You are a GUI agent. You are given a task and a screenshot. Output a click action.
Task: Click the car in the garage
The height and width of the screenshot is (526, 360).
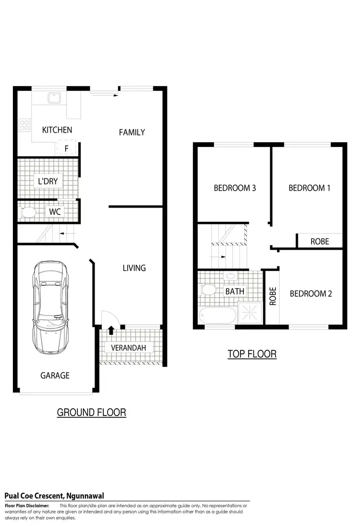tap(51, 307)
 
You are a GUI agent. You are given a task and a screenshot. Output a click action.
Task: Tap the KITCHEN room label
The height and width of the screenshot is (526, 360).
tap(57, 130)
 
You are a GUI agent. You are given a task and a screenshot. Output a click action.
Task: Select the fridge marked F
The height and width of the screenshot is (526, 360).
tap(66, 148)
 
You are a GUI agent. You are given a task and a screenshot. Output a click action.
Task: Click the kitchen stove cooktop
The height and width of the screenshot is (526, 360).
tap(24, 125)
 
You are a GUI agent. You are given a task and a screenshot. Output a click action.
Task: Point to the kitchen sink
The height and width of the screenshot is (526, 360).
tap(53, 99)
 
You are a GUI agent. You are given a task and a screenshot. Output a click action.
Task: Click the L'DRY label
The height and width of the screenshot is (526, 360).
tap(48, 181)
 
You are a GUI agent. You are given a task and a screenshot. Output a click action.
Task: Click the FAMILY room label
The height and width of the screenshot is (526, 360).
tap(132, 132)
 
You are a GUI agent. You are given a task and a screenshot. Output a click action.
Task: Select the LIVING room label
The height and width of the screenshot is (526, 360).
tap(134, 268)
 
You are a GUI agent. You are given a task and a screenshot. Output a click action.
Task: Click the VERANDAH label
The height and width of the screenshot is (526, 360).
tap(128, 348)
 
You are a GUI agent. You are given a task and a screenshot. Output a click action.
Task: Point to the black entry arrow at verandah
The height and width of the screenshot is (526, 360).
tap(111, 330)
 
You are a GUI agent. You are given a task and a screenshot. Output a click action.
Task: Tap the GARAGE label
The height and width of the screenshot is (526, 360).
tap(55, 375)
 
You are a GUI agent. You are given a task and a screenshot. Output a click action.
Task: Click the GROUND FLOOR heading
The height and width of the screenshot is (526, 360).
tap(91, 412)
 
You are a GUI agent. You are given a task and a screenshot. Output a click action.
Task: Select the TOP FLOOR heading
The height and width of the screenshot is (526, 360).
tap(252, 355)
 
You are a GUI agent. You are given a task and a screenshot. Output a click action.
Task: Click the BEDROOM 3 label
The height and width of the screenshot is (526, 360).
tap(235, 188)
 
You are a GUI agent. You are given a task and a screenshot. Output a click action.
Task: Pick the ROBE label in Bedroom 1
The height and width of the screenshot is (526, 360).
tap(320, 241)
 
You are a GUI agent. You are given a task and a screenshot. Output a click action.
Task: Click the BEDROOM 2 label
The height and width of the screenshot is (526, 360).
tap(311, 294)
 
